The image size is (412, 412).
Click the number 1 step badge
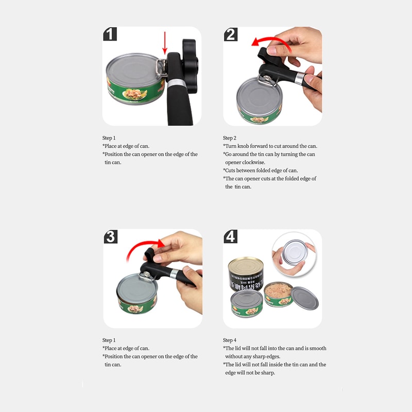pos(110,34)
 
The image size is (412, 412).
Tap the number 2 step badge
pos(231,34)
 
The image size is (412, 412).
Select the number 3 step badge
pos(110,236)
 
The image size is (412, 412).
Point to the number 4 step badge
pos(231,236)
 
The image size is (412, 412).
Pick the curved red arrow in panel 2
pos(268,42)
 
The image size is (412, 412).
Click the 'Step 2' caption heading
pos(230,138)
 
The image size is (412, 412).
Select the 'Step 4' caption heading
pos(230,340)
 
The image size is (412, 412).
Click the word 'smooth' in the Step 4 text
pos(318,349)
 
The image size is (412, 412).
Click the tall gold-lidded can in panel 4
pos(246,273)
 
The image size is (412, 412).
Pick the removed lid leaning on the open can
pos(305,298)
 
